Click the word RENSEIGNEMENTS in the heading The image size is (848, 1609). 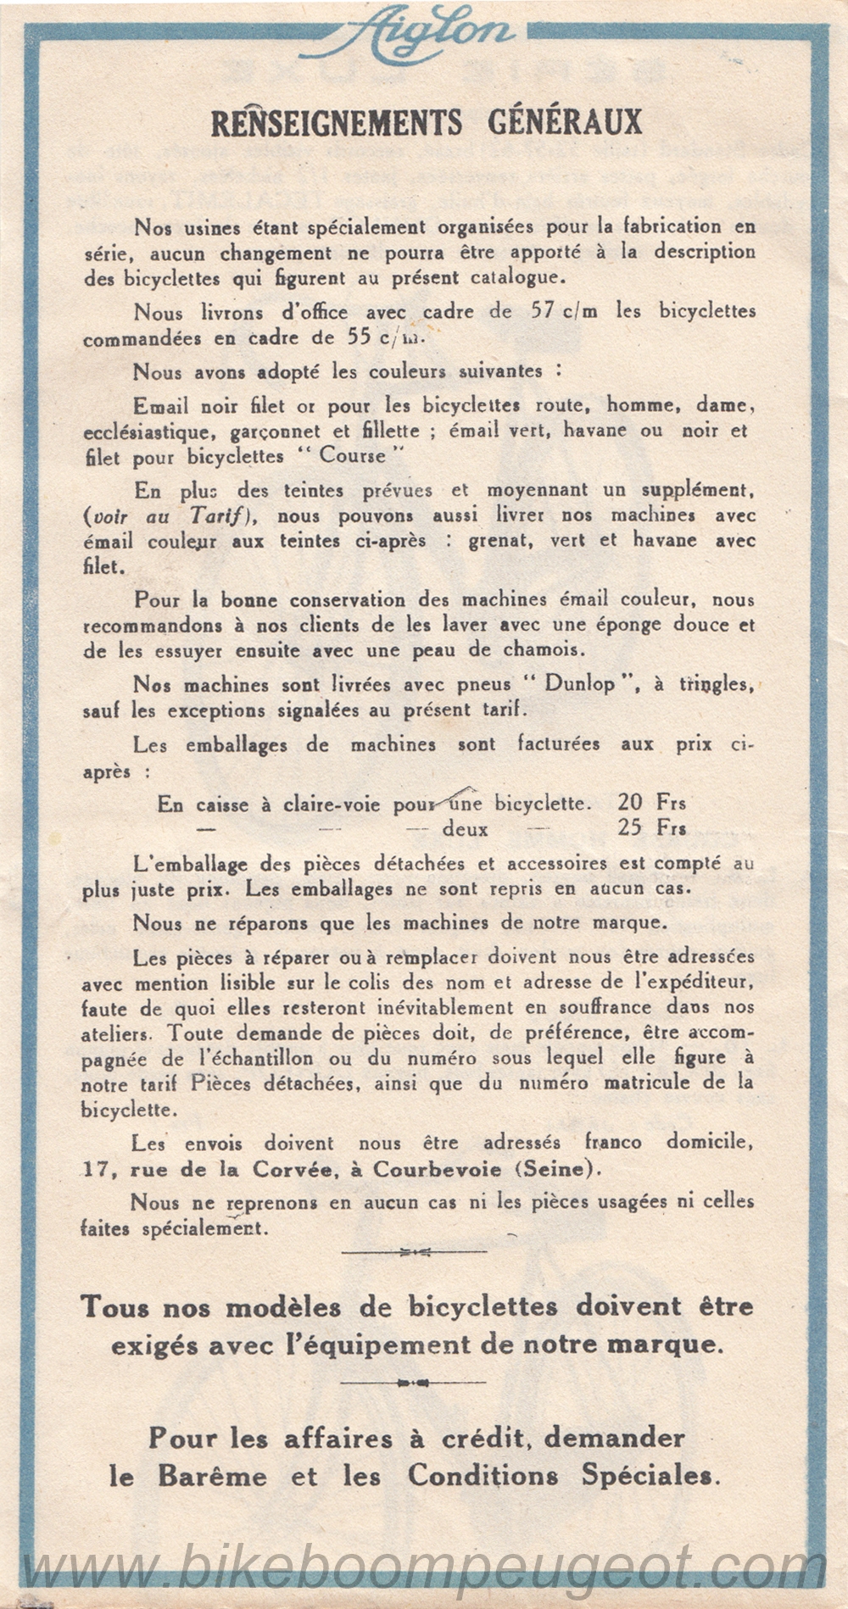click(337, 123)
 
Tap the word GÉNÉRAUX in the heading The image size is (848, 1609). click(565, 123)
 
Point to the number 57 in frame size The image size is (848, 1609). click(543, 311)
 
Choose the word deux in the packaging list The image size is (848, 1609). click(465, 829)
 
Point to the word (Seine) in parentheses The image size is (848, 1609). click(556, 1169)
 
